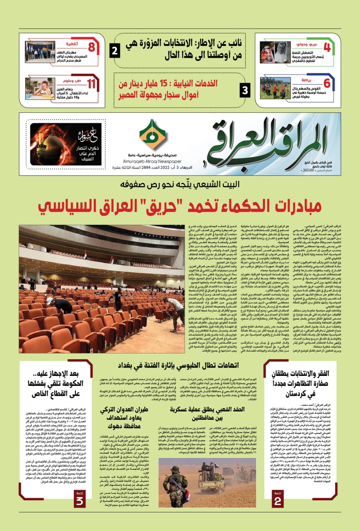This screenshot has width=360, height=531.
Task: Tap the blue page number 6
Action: pos(327,83)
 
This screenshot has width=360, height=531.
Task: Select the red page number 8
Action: pos(92,46)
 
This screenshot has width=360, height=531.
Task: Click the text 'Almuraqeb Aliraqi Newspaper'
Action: pos(152,158)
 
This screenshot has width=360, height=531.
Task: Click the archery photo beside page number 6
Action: pos(275,88)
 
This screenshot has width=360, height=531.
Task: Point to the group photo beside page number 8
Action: pos(40,52)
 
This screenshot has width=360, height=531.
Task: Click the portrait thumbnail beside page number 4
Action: pos(275,52)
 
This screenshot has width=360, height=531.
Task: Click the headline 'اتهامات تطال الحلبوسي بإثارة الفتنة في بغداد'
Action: pos(179,365)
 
